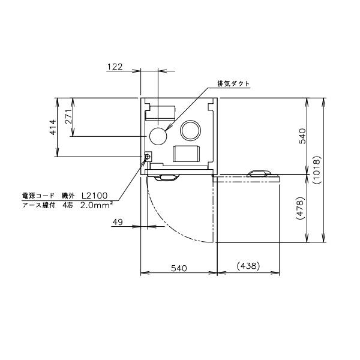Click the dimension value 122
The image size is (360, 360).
coord(115,67)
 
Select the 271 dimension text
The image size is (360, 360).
coord(68,116)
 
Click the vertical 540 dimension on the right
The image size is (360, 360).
coord(302,136)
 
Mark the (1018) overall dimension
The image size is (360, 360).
coord(317,170)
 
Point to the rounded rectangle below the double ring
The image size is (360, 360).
coord(185,154)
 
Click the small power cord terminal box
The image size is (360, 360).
coord(148,157)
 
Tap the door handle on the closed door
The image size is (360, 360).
coord(167,177)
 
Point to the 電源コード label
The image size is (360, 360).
coord(37,196)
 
